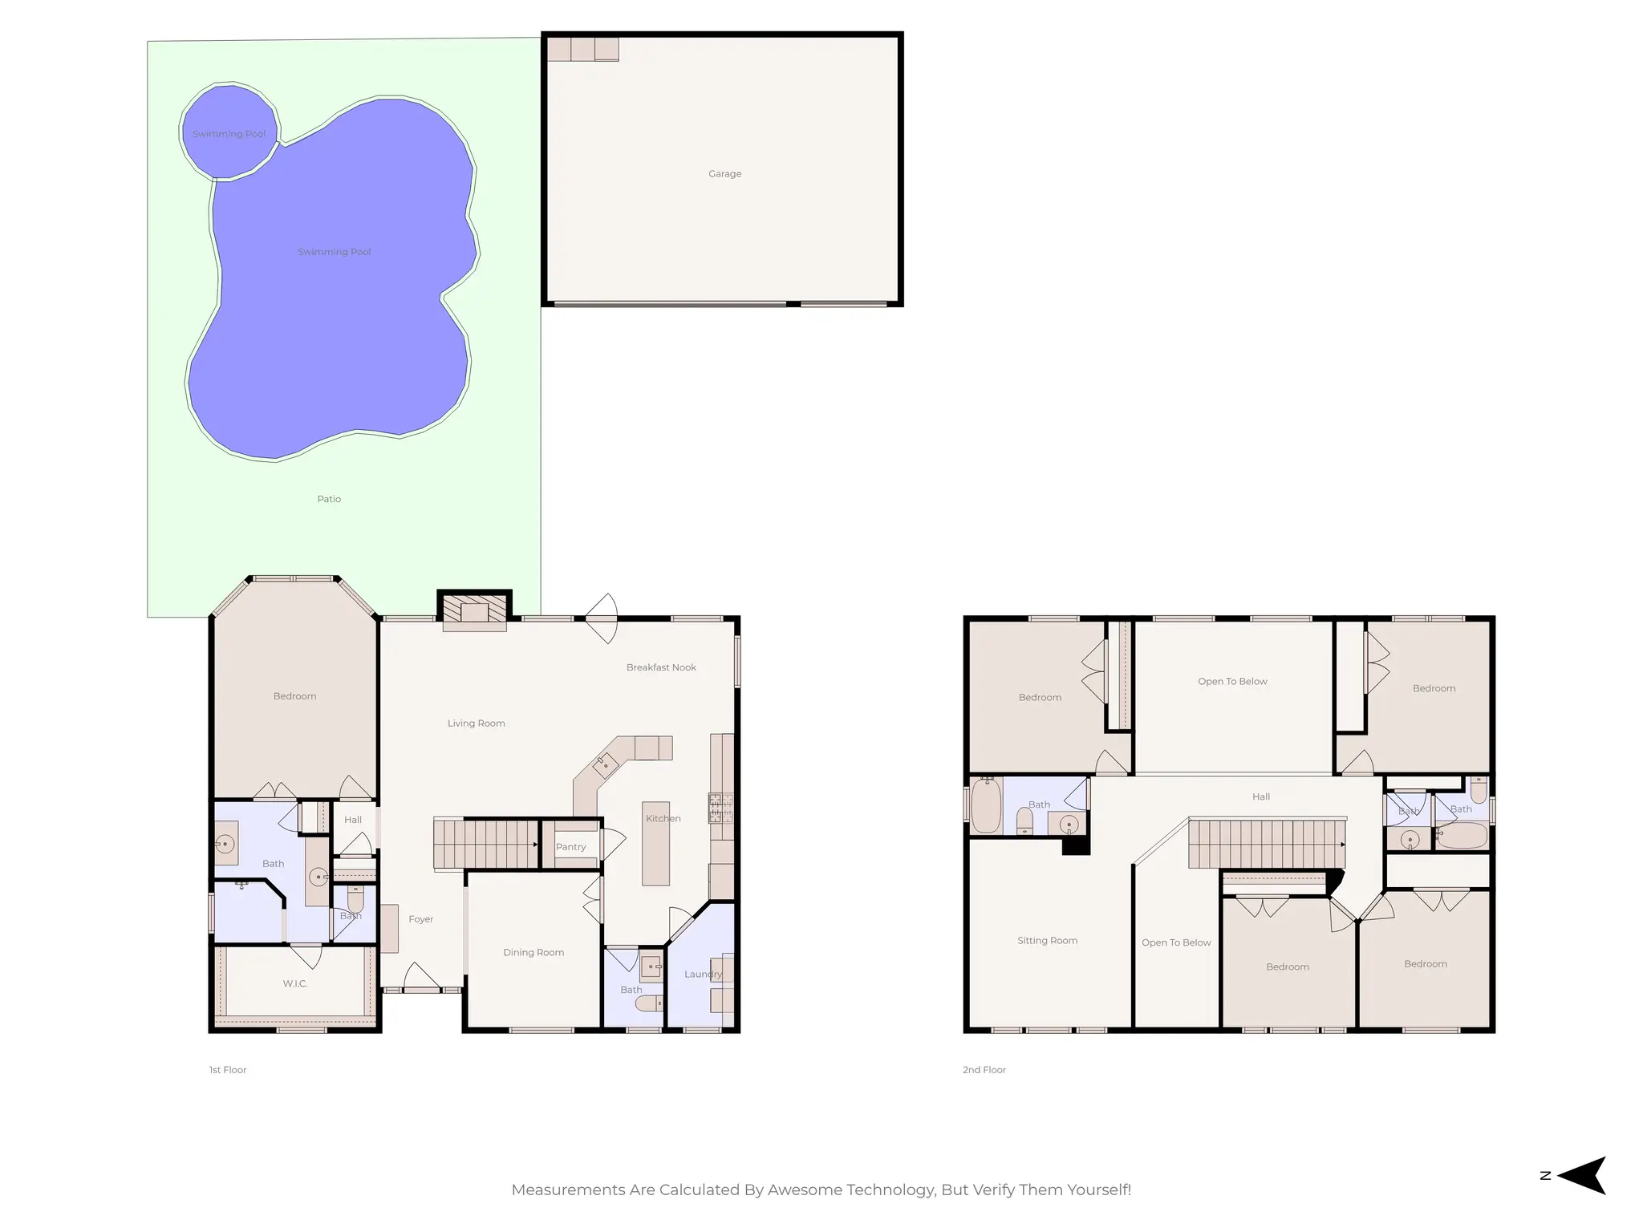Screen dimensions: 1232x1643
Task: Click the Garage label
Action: tap(724, 173)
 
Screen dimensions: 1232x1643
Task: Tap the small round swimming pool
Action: tap(229, 132)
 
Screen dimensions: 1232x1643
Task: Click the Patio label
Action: tap(329, 499)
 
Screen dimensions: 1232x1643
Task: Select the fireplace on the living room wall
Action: tap(475, 613)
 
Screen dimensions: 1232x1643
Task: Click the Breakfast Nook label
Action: tap(661, 667)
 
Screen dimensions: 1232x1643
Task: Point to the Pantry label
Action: tap(570, 847)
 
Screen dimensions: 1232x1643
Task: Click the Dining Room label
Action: tap(533, 953)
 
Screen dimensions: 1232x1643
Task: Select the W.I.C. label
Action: tap(295, 983)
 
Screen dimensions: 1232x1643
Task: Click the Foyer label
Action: tap(420, 919)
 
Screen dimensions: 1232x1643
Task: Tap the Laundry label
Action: tap(703, 975)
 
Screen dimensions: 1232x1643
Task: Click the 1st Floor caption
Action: tap(228, 1070)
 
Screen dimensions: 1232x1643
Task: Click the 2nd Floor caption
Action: tap(984, 1070)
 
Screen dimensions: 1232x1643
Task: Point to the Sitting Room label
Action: tap(1047, 941)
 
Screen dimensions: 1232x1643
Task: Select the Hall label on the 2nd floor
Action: tap(1261, 796)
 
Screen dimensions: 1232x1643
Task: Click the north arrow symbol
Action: tap(1582, 1175)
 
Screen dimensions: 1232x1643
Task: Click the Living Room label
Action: tap(476, 723)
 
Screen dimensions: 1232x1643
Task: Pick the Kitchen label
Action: tap(663, 818)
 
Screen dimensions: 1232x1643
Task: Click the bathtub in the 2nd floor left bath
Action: tap(986, 805)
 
